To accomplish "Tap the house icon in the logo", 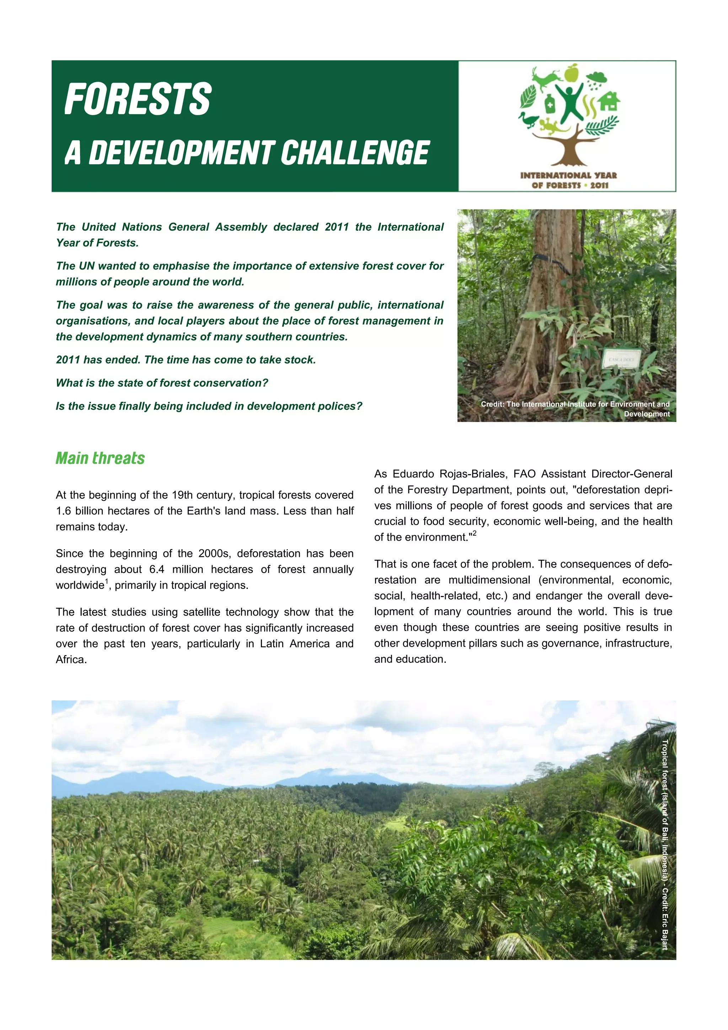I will click(609, 101).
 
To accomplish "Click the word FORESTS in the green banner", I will click(138, 99).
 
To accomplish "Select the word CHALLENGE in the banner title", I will click(355, 153).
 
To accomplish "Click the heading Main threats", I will click(100, 458).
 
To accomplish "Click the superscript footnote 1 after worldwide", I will click(107, 582).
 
